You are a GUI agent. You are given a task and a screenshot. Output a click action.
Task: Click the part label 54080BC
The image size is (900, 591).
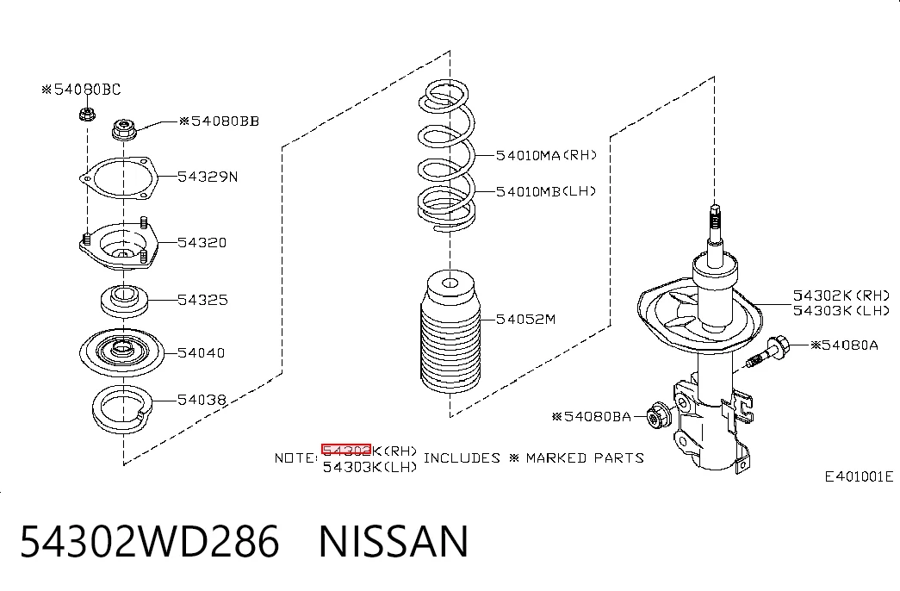coord(81,90)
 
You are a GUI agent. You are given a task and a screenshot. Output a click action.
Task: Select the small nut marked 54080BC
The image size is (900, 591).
coord(87,114)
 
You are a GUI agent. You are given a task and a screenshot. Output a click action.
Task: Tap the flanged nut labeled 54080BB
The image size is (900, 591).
coord(124,129)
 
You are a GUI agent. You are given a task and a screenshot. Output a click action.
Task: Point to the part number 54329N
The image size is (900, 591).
coord(208,177)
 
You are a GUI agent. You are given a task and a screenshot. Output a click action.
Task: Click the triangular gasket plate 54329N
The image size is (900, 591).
coord(118,178)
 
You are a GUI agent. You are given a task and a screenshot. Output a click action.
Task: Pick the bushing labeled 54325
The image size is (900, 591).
coord(125,301)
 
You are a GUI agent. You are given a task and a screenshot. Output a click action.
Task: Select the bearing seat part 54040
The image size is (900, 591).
coord(121,351)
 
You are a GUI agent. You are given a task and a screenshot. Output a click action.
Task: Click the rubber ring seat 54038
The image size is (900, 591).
coord(122,409)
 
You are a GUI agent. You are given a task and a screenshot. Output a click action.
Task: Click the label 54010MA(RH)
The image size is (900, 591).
coord(546,155)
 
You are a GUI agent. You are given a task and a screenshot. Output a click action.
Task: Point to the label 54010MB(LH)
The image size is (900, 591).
coord(546,191)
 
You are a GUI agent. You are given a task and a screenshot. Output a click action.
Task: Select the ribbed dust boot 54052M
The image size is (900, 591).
coord(450,333)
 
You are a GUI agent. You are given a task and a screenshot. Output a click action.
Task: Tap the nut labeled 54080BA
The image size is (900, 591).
coord(658,417)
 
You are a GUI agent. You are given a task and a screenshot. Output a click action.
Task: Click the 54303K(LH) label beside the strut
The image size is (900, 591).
coord(841,311)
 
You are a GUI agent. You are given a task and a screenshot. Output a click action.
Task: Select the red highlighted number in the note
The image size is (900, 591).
coord(346,451)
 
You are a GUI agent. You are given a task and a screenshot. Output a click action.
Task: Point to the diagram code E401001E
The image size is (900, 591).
coord(859,476)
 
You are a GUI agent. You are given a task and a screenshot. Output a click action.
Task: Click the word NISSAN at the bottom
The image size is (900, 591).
coord(394,541)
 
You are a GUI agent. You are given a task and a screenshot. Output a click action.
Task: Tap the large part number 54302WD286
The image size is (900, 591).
coord(150,541)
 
